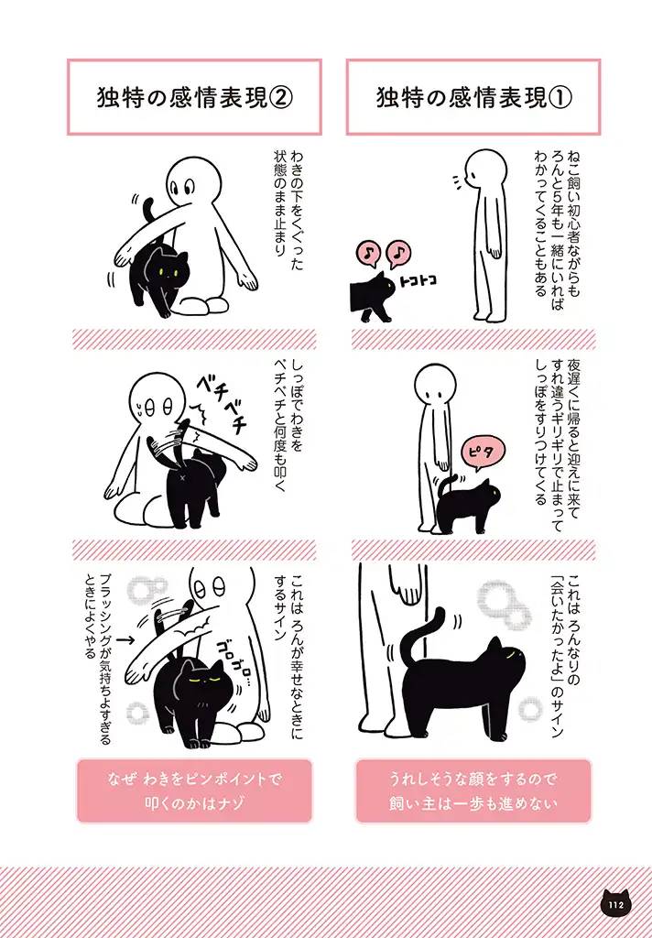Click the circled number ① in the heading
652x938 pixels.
(560, 98)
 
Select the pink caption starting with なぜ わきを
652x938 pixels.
(194, 791)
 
